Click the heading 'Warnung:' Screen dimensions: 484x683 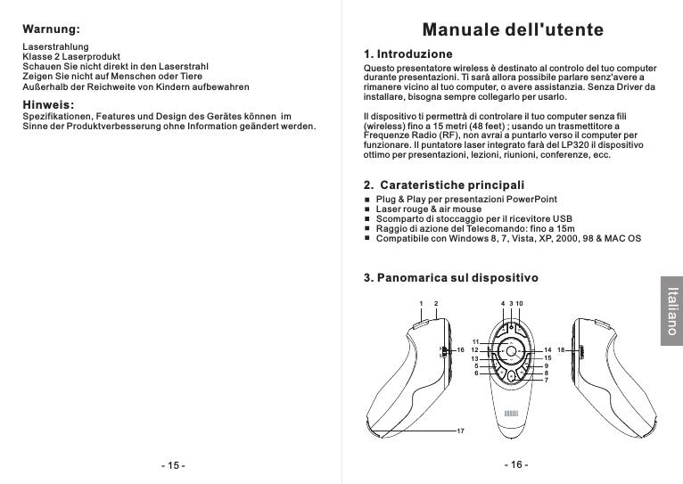51,29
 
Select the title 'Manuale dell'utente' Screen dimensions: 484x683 513,30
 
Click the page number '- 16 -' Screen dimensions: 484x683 515,465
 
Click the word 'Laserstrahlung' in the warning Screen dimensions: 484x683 54,45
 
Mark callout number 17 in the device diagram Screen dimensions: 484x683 460,431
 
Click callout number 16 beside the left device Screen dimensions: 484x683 460,350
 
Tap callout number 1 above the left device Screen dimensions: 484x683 420,304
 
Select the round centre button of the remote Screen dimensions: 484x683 511,350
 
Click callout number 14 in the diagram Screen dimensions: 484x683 547,350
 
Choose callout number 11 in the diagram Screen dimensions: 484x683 476,342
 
